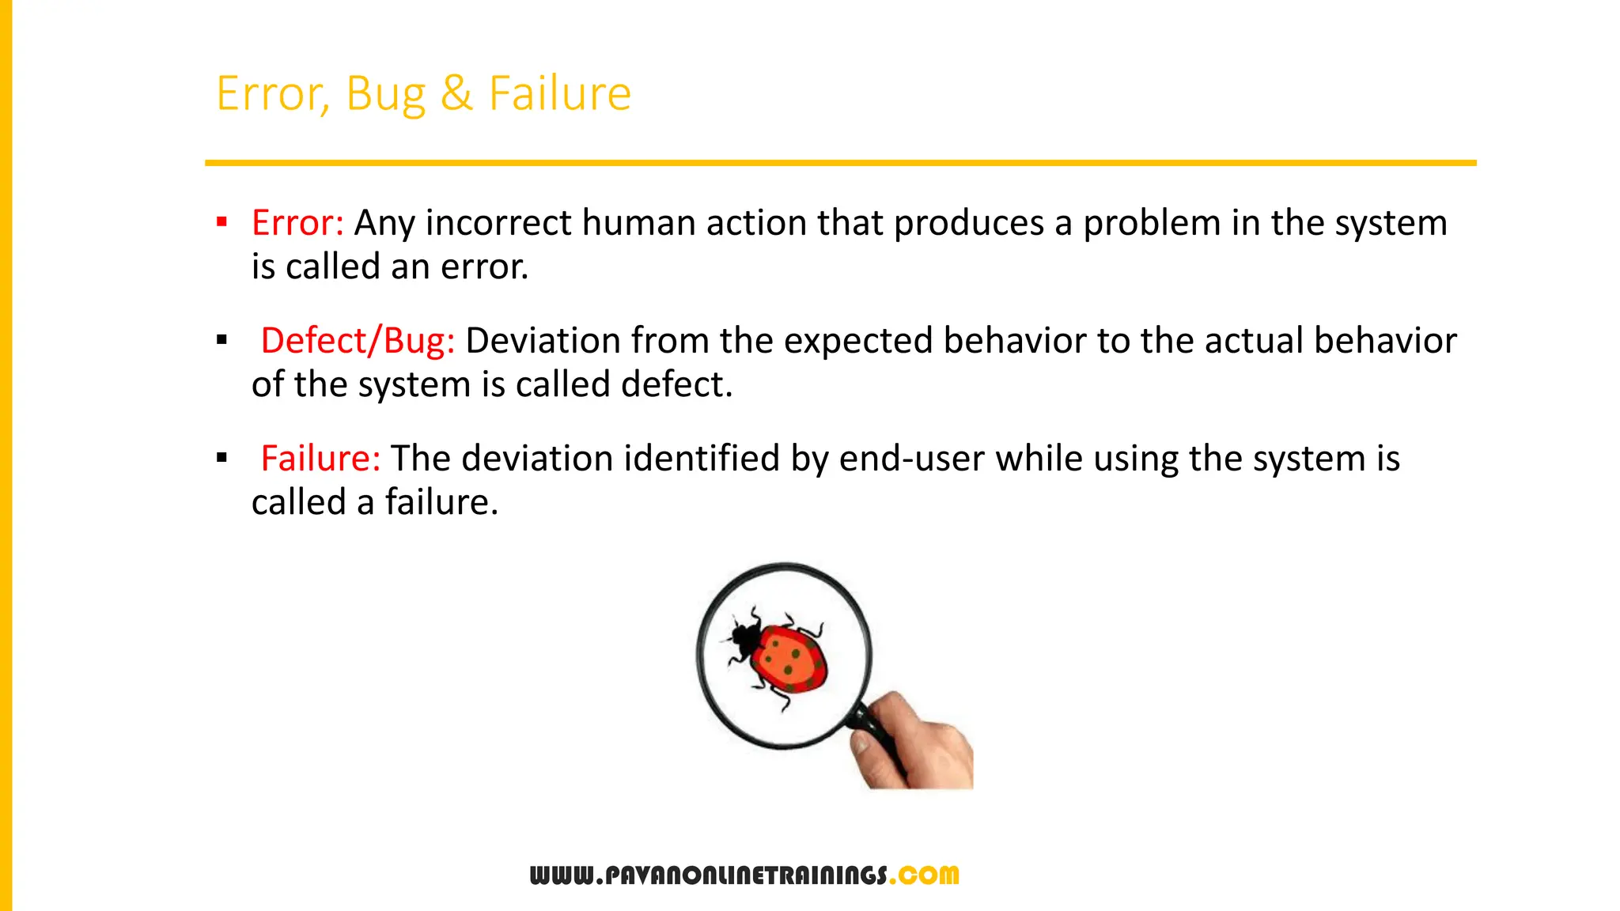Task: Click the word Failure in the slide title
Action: [x=559, y=93]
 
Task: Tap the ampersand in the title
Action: [x=456, y=93]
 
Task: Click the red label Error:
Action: [x=297, y=223]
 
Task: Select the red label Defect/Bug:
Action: [x=358, y=341]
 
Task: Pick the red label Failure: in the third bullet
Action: [x=320, y=459]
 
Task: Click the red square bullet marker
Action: [x=222, y=222]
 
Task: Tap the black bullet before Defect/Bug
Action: [x=222, y=340]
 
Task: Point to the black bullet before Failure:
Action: [x=222, y=458]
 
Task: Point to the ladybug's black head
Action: [x=744, y=635]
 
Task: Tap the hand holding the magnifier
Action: [x=922, y=743]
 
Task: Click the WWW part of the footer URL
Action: [x=561, y=875]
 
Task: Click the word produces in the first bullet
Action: [x=968, y=223]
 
